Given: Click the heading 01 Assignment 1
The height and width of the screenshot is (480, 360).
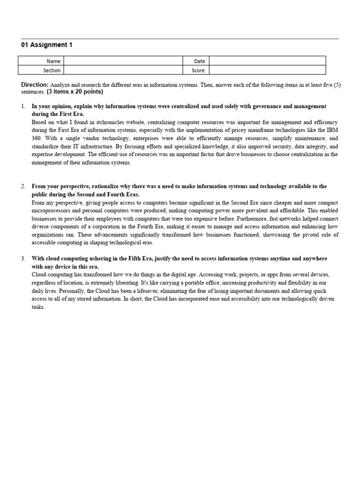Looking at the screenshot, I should pos(47,45).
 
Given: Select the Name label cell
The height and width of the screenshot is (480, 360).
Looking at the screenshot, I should pos(53,61).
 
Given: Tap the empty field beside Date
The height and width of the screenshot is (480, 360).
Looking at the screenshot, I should pos(267,61).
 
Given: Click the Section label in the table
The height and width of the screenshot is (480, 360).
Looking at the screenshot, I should pos(52,70).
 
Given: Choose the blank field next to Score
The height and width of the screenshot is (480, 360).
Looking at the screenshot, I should pos(267,70).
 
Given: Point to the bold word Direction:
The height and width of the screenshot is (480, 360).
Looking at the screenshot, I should pos(35,85).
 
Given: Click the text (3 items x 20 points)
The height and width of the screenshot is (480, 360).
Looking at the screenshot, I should pos(75,92).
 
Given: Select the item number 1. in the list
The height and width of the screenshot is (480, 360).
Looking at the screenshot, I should pos(23,107).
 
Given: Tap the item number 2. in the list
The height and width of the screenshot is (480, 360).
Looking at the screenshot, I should pos(23,187).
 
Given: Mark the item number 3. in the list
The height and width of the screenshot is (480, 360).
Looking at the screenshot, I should pos(23,259).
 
